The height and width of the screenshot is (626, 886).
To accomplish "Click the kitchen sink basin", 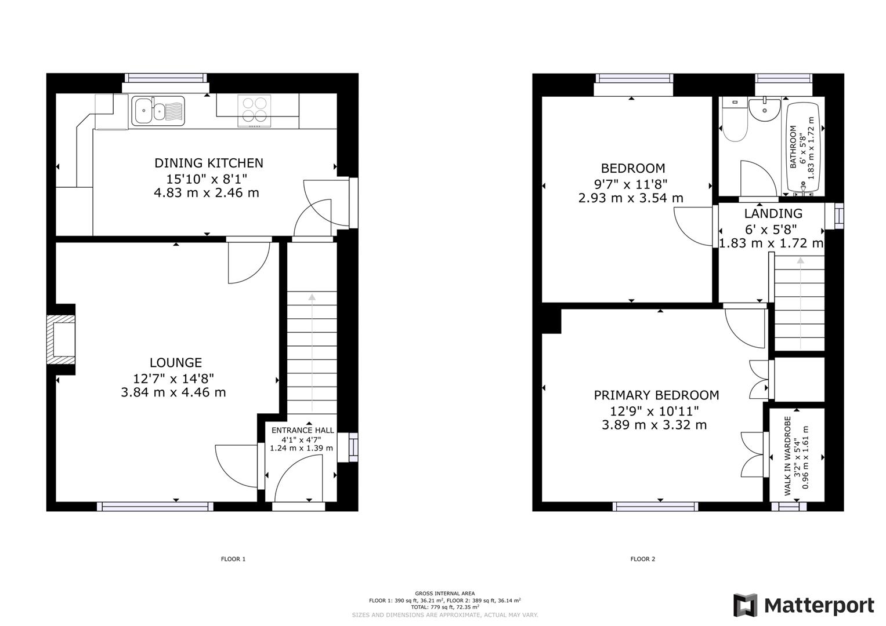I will (143, 110).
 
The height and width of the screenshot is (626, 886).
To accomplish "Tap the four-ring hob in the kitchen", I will (255, 110).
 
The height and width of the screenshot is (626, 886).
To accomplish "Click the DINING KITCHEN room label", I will (208, 163).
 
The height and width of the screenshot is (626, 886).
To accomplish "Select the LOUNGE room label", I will (176, 363).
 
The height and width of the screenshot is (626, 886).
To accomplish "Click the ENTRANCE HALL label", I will (303, 430).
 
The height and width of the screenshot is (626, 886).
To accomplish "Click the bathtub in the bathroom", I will (803, 148).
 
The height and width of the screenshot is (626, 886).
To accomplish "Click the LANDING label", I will (773, 214).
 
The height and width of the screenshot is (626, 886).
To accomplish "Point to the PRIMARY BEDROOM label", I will (656, 395).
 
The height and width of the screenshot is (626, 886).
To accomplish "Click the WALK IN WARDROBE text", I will (788, 456).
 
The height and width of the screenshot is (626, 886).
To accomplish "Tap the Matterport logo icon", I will (746, 606).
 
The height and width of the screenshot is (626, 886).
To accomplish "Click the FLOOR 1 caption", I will (233, 559).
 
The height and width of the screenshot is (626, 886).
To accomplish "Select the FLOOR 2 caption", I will (642, 559).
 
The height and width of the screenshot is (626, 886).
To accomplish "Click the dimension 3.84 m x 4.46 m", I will (173, 392).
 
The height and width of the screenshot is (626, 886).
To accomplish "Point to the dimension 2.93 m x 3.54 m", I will (631, 198).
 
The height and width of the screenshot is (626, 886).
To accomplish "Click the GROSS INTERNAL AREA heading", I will (444, 594).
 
